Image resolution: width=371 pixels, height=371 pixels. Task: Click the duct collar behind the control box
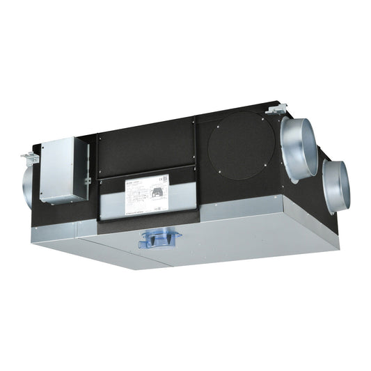click(31, 184)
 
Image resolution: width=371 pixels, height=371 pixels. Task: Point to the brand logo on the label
click(111, 182)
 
